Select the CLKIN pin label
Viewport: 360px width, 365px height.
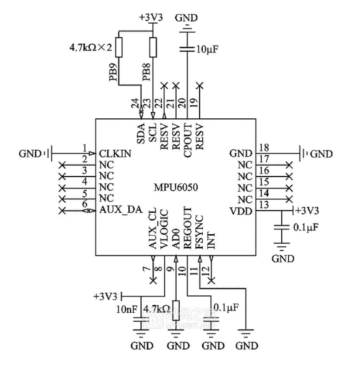pos(115,154)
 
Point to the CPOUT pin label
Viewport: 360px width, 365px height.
pos(188,137)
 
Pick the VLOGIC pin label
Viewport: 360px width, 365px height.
pos(164,229)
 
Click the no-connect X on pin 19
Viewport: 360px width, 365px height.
pos(200,85)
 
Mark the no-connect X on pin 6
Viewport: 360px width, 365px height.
pos(61,211)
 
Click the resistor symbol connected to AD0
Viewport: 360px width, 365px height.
pos(176,310)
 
